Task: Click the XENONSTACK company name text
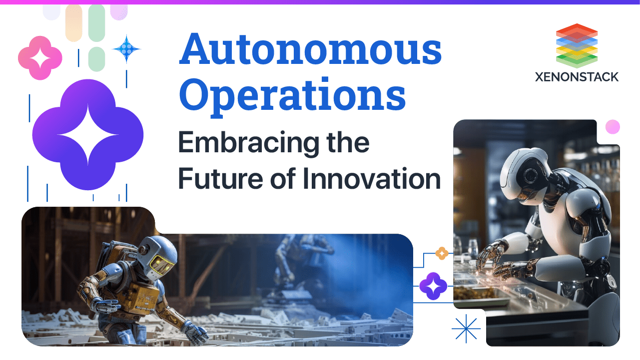[576, 77]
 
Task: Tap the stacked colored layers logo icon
[576, 45]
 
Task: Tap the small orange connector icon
[442, 254]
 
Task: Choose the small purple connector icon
[433, 286]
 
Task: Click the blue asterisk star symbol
[466, 329]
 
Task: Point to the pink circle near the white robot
[612, 127]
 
